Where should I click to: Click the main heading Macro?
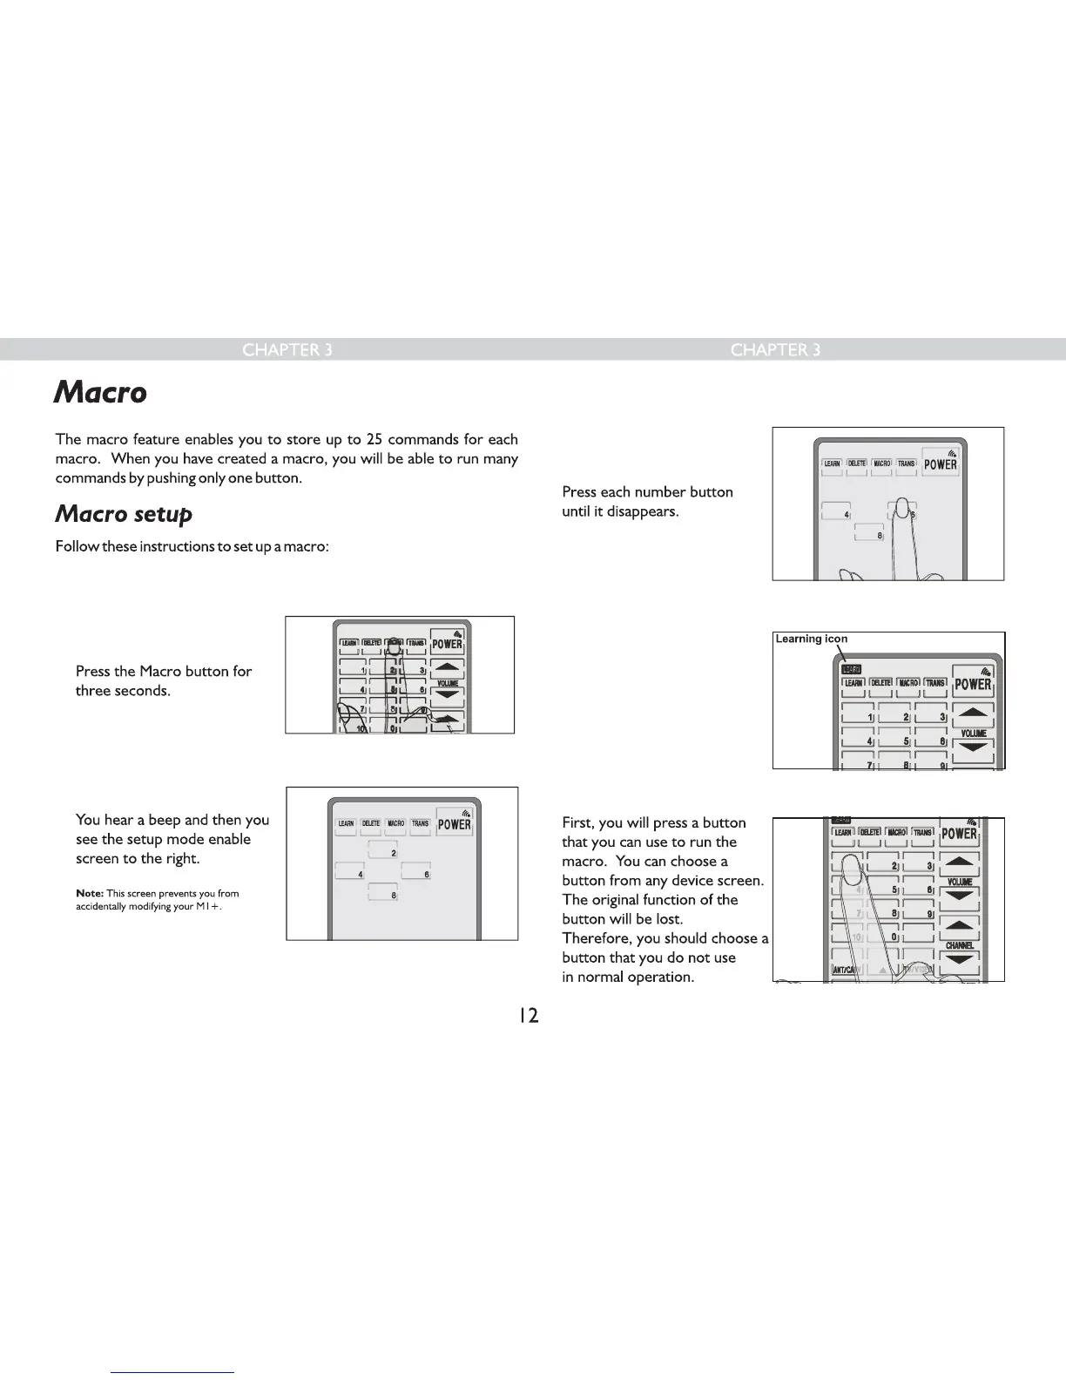click(x=100, y=393)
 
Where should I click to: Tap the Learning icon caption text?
click(x=811, y=639)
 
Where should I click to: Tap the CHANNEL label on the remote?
click(x=958, y=945)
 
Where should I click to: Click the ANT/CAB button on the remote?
click(x=845, y=970)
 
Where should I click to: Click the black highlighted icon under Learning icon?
click(x=849, y=669)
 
